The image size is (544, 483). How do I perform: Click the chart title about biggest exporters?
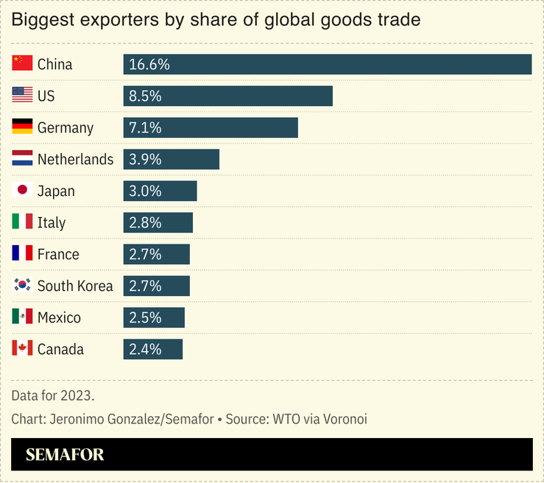point(216,20)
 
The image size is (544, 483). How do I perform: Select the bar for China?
point(327,64)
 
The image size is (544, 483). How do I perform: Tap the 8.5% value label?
point(145,96)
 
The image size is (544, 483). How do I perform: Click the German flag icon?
point(22,127)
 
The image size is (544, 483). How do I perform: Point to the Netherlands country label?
point(75,159)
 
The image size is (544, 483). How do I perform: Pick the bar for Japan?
point(160,191)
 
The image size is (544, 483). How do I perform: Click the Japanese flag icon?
point(22,191)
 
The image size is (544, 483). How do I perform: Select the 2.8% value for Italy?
point(145,222)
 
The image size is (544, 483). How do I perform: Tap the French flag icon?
point(22,254)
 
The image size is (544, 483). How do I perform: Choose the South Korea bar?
point(156,286)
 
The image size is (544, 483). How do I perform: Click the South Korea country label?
point(75,286)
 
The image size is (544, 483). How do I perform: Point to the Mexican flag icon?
point(22,317)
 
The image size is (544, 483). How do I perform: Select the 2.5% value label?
point(145,317)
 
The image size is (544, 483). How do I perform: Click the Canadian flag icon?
point(22,349)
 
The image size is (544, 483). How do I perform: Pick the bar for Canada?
point(152,349)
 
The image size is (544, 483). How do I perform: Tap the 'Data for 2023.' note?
point(53,395)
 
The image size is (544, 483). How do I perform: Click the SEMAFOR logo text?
point(65,454)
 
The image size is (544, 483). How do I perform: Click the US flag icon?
point(22,96)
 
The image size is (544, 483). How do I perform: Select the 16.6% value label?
point(149,64)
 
